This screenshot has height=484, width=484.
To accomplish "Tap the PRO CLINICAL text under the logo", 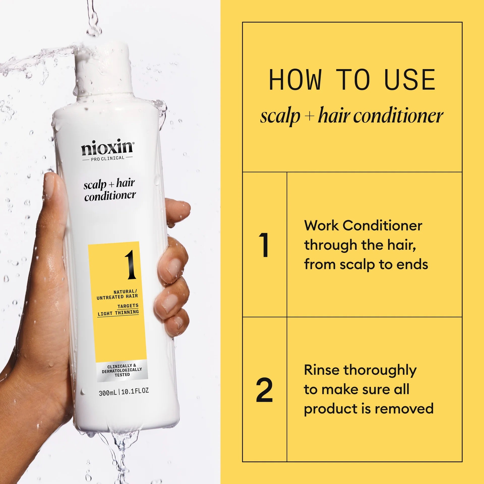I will click(107, 159).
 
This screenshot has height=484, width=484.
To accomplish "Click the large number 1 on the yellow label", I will click(130, 265).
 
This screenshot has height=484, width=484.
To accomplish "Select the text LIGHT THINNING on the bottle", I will click(118, 313).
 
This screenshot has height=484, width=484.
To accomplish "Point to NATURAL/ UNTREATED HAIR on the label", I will click(117, 294).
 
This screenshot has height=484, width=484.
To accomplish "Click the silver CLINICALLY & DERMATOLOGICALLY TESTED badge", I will click(122, 370).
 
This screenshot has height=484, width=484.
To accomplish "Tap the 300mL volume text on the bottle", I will click(108, 393).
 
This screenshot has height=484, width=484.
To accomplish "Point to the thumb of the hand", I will click(54, 194).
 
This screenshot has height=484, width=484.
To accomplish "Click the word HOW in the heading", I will click(295, 80).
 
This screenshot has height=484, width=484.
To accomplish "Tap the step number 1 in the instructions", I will click(264, 245).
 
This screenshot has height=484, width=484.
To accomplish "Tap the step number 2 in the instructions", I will click(264, 390).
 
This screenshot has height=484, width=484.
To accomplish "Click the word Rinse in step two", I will click(322, 370).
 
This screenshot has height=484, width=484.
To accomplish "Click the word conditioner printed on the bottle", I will click(110, 196).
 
